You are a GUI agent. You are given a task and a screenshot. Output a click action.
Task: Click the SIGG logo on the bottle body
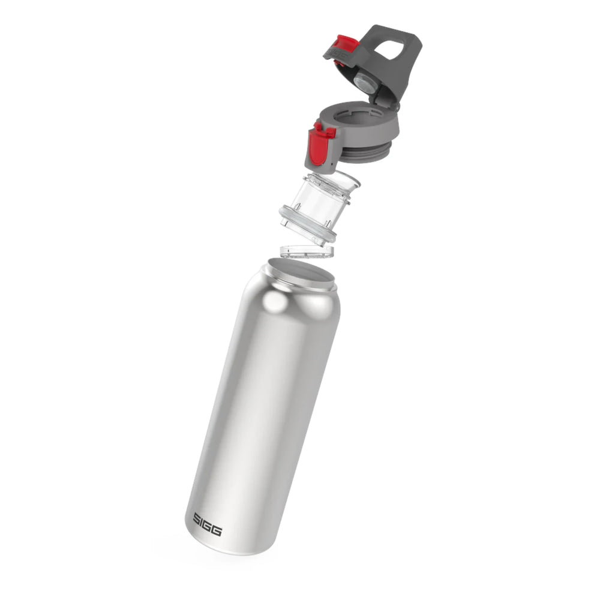[207, 524]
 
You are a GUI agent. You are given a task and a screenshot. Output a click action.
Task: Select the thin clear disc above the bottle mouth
[307, 251]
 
